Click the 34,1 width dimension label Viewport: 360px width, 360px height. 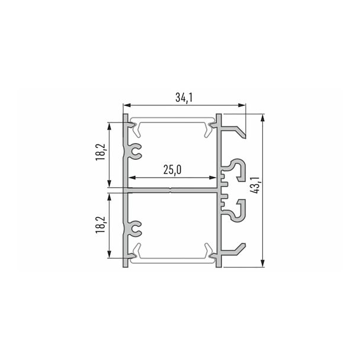184,98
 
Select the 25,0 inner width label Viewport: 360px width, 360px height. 172,170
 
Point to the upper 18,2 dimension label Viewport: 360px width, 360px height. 101,152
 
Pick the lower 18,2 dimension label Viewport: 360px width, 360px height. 101,225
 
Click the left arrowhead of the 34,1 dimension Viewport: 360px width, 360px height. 127,105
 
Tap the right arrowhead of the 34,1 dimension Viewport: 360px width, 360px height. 242,105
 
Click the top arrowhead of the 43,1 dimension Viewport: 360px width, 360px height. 263,118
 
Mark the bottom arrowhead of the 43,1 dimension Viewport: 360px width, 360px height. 263,263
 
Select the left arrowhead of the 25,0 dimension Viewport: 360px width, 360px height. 132,178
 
